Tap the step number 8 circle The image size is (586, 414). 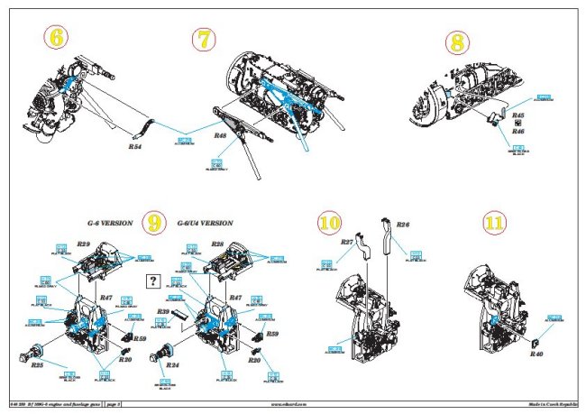click(x=458, y=43)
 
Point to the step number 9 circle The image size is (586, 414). click(x=155, y=222)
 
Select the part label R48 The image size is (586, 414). click(x=221, y=135)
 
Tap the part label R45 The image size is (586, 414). click(x=517, y=115)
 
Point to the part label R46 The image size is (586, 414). click(x=517, y=131)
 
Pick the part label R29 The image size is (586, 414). click(x=82, y=244)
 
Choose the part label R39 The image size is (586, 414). click(x=163, y=311)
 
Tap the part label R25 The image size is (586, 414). click(x=37, y=365)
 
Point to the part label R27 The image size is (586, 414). click(x=346, y=242)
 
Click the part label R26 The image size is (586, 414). click(x=403, y=224)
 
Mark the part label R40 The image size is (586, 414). click(x=536, y=354)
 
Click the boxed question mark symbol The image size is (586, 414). click(x=154, y=281)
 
